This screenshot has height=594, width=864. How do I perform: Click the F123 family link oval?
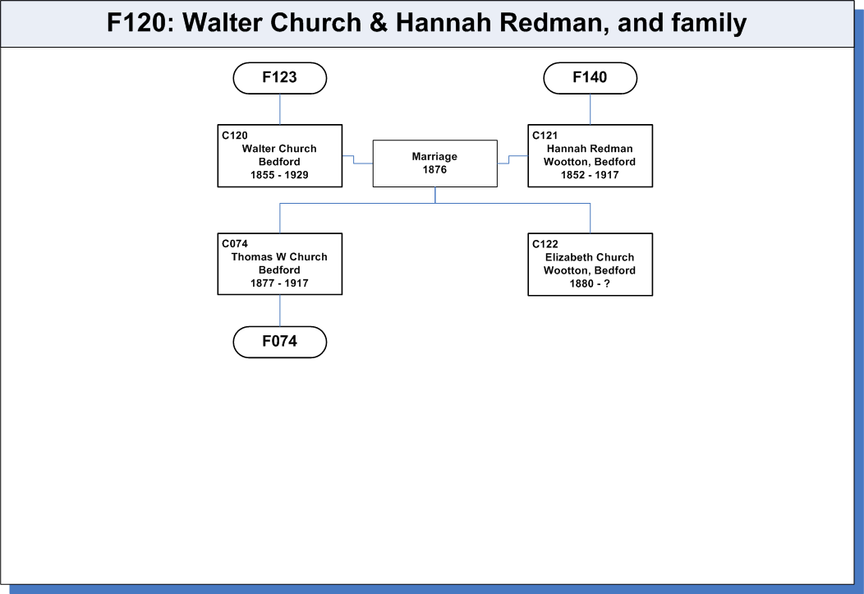(280, 78)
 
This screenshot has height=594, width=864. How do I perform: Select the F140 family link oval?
(591, 78)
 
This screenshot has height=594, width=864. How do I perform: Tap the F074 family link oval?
(280, 342)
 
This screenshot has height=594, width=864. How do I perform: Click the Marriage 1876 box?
(434, 163)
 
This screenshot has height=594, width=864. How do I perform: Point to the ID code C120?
(235, 136)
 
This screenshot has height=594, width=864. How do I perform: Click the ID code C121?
(545, 136)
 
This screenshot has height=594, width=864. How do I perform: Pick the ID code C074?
(235, 243)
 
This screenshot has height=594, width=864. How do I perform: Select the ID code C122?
(545, 244)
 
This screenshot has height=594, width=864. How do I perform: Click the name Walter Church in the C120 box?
(279, 149)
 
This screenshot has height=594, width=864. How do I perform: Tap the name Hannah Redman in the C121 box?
(590, 149)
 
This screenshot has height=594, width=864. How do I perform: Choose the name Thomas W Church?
(279, 257)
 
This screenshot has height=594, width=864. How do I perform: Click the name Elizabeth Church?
(590, 257)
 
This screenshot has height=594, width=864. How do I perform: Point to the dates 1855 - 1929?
(279, 175)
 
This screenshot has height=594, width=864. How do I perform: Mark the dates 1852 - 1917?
(590, 175)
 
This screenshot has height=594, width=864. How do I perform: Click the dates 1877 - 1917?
(279, 283)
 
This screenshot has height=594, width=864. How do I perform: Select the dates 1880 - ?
(590, 283)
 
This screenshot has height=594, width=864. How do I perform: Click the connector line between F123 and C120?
(280, 109)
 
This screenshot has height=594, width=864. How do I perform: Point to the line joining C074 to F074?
(280, 311)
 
